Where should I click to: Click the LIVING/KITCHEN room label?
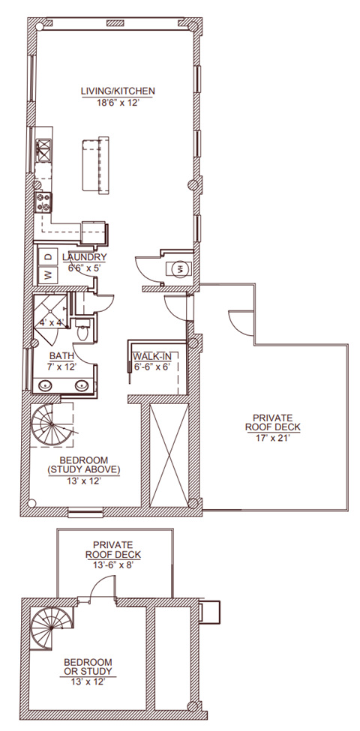[x=118, y=91]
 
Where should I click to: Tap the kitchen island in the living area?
[x=95, y=164]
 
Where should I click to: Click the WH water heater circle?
[x=181, y=268]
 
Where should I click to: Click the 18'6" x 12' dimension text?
[x=118, y=103]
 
